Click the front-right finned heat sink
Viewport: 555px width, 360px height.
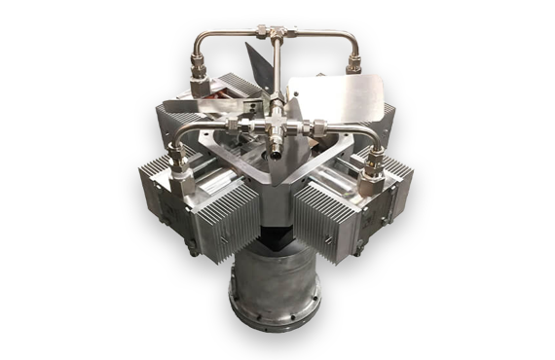click(331, 219)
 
